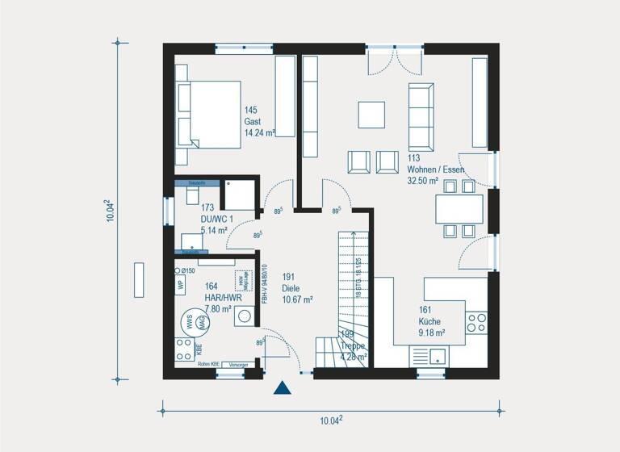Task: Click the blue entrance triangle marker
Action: click(282, 388)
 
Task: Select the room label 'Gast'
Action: click(253, 121)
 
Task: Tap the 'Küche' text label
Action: click(429, 320)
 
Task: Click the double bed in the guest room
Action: click(208, 114)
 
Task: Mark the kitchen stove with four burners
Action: click(476, 323)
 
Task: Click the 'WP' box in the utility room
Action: click(180, 283)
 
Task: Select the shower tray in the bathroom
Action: click(240, 195)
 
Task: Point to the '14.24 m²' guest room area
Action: click(260, 132)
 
